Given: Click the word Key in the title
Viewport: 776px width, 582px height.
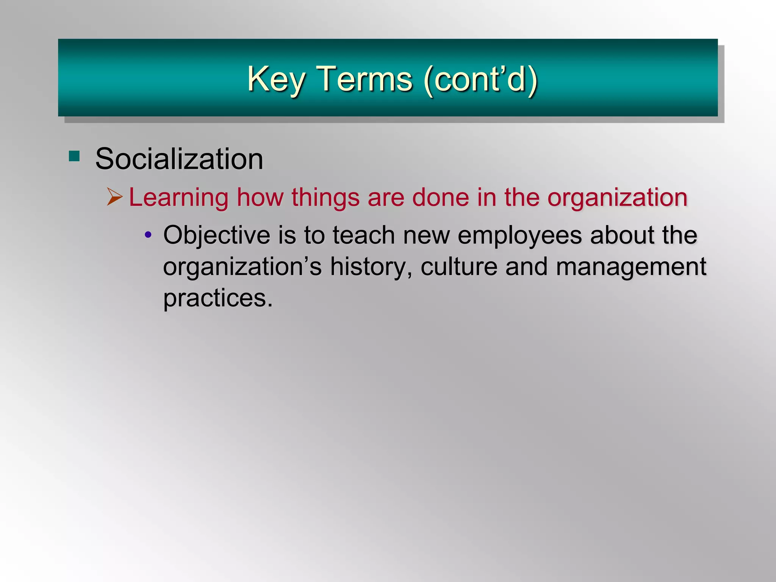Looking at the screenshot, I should [x=276, y=80].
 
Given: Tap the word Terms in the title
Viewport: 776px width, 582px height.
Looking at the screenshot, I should [x=364, y=80].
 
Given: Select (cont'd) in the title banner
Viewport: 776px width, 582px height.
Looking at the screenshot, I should [x=481, y=80].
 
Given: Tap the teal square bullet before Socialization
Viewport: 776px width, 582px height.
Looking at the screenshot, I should [x=74, y=156].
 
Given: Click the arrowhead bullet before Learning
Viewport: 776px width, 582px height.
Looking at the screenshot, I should [x=114, y=197].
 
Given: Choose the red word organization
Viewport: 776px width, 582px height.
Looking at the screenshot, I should [x=617, y=198].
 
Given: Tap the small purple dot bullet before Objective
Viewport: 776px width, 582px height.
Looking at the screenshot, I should [x=148, y=235].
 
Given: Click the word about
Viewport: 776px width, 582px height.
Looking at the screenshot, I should [x=621, y=235].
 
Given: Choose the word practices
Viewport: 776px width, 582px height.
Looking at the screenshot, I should [x=218, y=299].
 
